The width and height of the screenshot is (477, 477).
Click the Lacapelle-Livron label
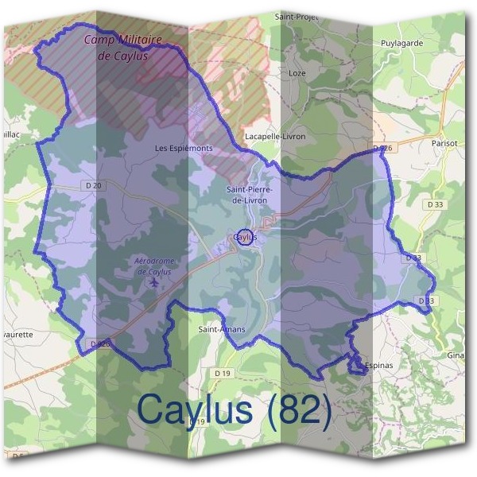pos(276,136)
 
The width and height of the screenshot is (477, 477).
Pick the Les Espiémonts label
pos(184,148)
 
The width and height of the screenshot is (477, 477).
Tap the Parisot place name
pos(444,143)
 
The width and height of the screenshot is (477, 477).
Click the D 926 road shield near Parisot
pos(382,149)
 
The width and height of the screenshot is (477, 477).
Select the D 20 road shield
pos(93,186)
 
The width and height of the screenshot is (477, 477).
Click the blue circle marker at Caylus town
pos(245,238)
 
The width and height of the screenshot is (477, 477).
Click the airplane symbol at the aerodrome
pos(153,282)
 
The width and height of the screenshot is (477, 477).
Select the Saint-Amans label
pos(221,329)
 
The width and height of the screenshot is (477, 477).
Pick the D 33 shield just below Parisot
pos(434,204)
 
